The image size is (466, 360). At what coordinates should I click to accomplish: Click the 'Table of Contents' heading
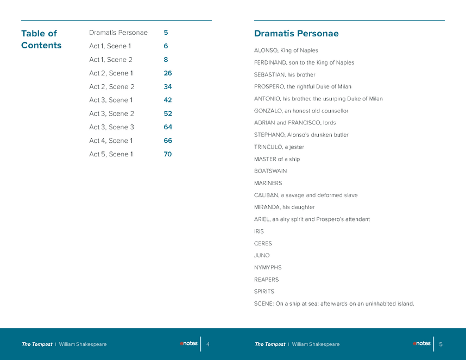[x=41, y=39]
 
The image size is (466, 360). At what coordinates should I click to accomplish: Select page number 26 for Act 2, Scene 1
[x=168, y=73]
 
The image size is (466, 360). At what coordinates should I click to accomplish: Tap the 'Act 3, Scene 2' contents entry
[x=111, y=113]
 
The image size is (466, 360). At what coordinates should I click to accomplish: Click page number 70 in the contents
[x=168, y=154]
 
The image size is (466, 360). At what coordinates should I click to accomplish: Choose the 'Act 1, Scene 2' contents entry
[x=111, y=60]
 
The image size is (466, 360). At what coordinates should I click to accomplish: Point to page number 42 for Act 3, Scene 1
[x=168, y=100]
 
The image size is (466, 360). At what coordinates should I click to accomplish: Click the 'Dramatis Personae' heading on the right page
[x=296, y=34]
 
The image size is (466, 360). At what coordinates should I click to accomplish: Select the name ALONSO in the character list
[x=266, y=50]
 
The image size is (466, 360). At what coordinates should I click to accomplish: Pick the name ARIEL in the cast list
[x=262, y=219]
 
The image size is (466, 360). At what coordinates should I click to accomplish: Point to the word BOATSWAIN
[x=270, y=171]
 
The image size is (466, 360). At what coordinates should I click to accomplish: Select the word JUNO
[x=262, y=255]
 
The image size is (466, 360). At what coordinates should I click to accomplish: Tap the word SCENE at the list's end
[x=263, y=304]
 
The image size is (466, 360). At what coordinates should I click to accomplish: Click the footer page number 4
[x=208, y=344]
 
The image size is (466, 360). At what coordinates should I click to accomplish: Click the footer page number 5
[x=441, y=344]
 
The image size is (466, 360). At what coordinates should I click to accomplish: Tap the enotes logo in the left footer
[x=188, y=343]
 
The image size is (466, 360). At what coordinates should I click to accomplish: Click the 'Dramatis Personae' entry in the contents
[x=118, y=33]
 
